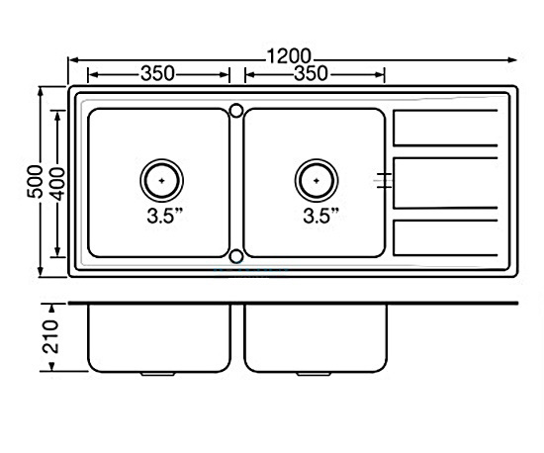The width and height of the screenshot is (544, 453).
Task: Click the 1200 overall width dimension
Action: pos(289,56)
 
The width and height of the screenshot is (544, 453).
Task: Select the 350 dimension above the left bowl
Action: pos(157,74)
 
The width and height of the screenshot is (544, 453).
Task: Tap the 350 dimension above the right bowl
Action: pos(312,74)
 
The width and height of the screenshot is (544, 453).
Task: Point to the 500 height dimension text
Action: pos(35,181)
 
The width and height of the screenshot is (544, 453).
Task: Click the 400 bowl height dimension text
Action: pos(57,184)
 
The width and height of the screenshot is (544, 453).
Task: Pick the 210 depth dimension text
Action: pos(50,337)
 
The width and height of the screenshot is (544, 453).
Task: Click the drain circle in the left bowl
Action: pos(161,180)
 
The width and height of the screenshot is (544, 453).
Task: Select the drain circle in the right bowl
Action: pos(317,180)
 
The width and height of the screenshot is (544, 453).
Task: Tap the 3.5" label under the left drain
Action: pos(165,216)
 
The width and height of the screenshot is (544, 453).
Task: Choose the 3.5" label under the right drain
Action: pos(320,216)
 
